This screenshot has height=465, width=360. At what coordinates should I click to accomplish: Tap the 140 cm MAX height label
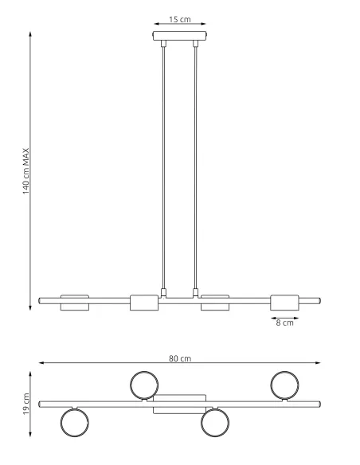[25, 171]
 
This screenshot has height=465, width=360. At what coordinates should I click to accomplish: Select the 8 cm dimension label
[284, 322]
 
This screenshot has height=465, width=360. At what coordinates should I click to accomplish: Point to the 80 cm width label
[179, 358]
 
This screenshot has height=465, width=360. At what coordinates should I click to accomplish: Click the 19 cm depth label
[25, 404]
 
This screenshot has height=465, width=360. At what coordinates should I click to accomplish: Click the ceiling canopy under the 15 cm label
[180, 37]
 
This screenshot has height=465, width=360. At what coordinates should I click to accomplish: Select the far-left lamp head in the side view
[74, 302]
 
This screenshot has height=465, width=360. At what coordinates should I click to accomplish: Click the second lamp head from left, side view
[144, 302]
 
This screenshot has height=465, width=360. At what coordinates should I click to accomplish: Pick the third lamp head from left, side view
[215, 302]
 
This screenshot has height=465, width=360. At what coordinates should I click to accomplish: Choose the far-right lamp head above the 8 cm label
[285, 302]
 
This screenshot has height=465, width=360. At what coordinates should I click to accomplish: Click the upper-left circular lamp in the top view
[144, 385]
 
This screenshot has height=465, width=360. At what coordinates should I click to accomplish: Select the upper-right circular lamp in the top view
[284, 385]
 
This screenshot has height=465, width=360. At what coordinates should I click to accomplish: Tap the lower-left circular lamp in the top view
[74, 422]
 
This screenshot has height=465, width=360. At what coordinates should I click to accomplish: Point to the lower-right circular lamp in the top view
[215, 422]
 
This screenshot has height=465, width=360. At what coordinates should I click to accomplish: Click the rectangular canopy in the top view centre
[180, 404]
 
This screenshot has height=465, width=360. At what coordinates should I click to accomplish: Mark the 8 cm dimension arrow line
[284, 315]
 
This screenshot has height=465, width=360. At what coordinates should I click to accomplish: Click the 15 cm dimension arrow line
[180, 24]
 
